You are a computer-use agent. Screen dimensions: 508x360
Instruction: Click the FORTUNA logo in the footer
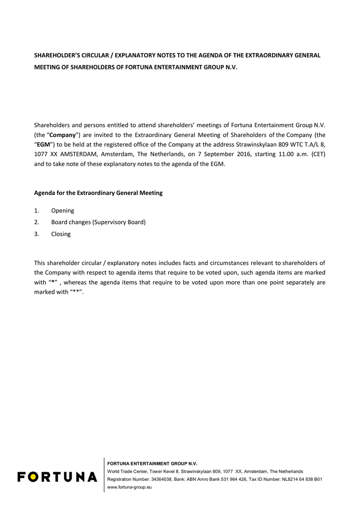[x=57, y=477]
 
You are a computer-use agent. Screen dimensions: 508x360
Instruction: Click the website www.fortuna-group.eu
[x=130, y=488]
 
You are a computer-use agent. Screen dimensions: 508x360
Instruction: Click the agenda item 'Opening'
[x=63, y=210]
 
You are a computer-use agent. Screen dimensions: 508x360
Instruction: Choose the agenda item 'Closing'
[x=61, y=234]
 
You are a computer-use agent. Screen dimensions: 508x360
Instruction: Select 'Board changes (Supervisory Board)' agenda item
[x=98, y=222]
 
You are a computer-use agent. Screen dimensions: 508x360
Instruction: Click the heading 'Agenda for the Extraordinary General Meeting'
[x=98, y=193]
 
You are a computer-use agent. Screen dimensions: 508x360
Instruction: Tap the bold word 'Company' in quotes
[x=63, y=135]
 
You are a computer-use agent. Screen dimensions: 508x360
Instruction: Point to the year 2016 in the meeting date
[x=242, y=154]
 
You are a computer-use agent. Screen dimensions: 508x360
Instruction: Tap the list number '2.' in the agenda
[x=37, y=222]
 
